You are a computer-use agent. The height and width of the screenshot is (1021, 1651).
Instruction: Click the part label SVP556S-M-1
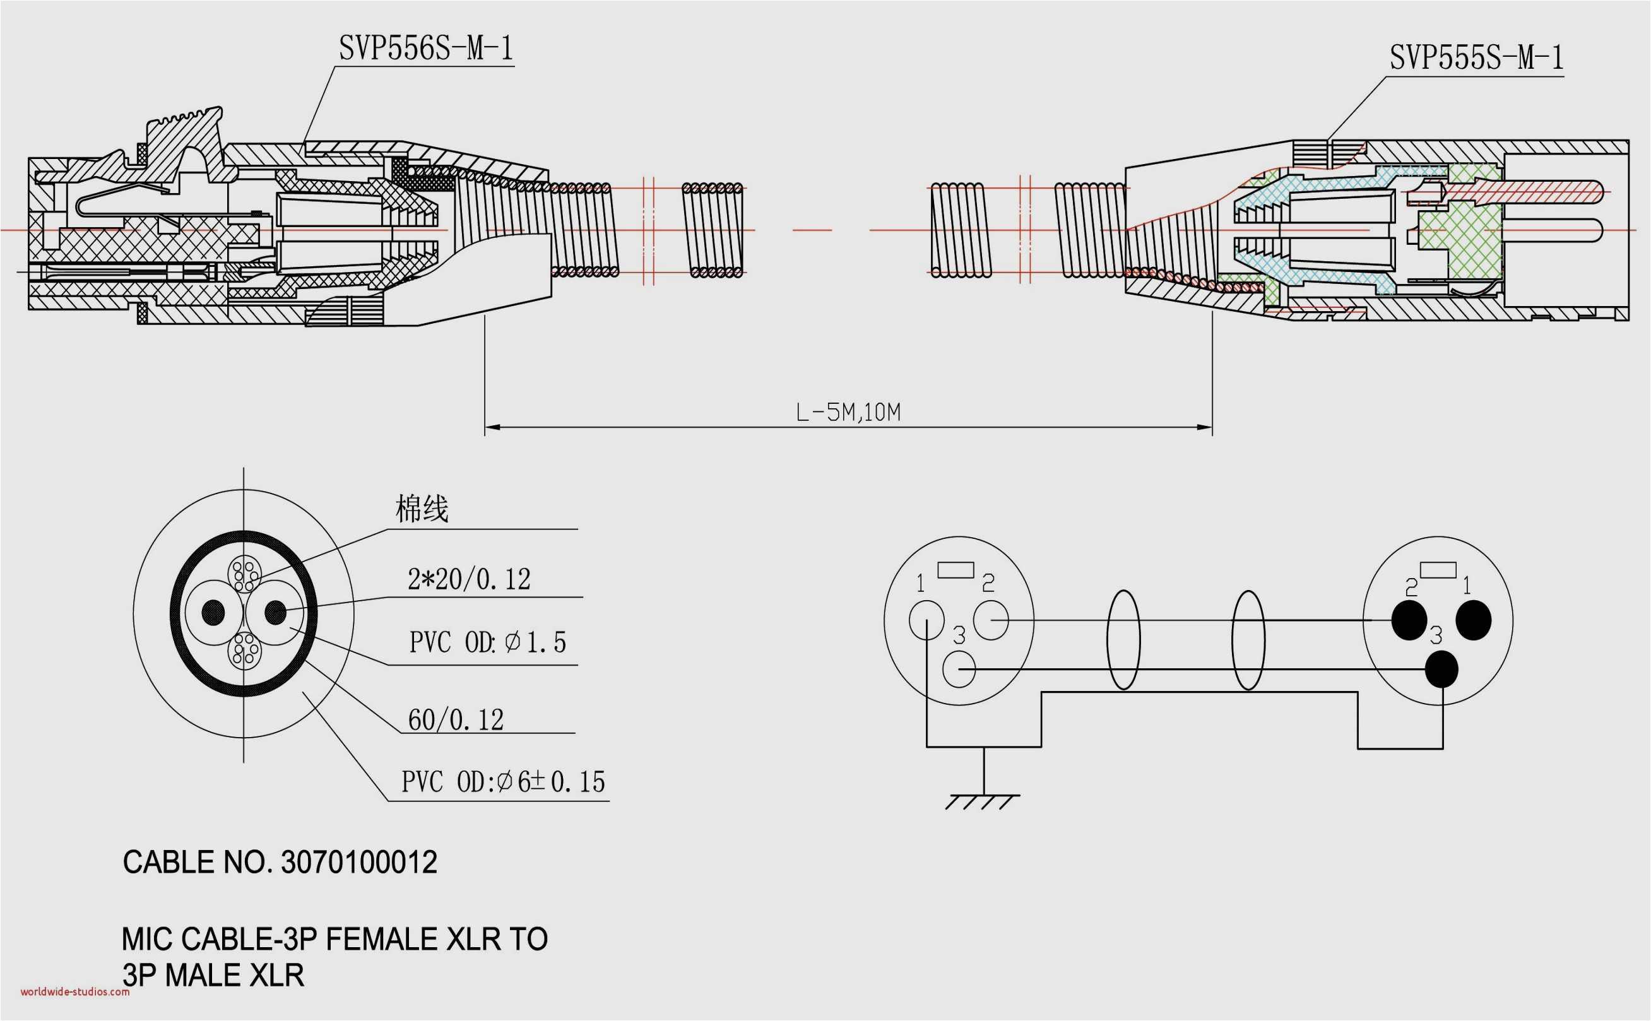pyautogui.click(x=426, y=49)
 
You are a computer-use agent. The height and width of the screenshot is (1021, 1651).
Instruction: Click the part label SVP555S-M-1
pyautogui.click(x=1476, y=57)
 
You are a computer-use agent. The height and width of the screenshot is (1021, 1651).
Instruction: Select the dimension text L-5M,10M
pyautogui.click(x=848, y=412)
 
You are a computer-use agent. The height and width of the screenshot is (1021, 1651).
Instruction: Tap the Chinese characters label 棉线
pyautogui.click(x=422, y=509)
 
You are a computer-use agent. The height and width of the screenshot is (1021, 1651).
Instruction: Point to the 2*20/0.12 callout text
pyautogui.click(x=469, y=579)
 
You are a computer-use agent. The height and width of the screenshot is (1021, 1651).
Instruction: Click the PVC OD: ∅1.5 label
pyautogui.click(x=487, y=642)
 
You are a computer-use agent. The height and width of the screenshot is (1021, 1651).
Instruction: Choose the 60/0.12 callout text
pyautogui.click(x=456, y=720)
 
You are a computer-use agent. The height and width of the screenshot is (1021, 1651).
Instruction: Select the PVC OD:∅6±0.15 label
pyautogui.click(x=503, y=782)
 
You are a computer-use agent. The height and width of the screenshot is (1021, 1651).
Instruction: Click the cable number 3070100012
pyautogui.click(x=358, y=863)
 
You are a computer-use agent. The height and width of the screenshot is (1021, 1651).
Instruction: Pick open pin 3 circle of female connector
pyautogui.click(x=958, y=669)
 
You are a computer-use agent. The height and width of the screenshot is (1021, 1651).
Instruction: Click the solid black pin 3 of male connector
pyautogui.click(x=1441, y=669)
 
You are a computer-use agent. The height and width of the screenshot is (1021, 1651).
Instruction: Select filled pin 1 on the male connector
pyautogui.click(x=1473, y=620)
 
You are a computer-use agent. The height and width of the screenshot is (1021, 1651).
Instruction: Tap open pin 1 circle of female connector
pyautogui.click(x=926, y=619)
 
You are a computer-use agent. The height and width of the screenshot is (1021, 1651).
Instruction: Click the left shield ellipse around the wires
pyautogui.click(x=1123, y=640)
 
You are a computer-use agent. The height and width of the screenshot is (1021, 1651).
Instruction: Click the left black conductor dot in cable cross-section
pyautogui.click(x=213, y=613)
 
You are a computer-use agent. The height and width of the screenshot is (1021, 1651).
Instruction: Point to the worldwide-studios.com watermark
pyautogui.click(x=75, y=992)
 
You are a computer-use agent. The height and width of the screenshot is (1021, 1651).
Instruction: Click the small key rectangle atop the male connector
pyautogui.click(x=1438, y=570)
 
